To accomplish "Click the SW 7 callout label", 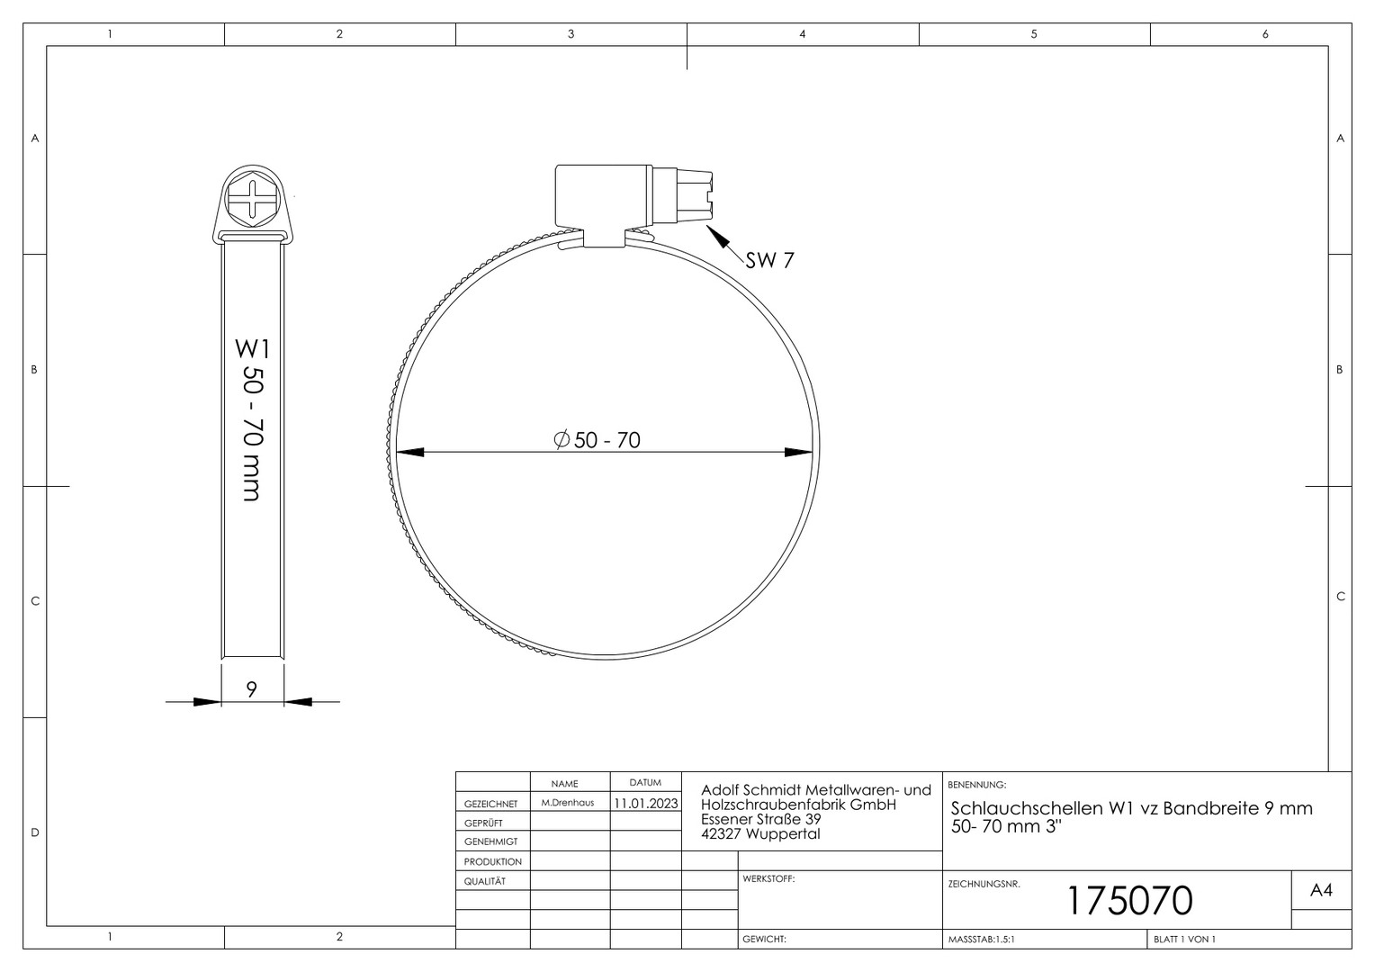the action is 769,260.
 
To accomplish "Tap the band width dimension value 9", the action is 251,689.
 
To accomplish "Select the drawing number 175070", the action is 1130,901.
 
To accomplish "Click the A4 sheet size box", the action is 1322,890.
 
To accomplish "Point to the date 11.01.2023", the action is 646,803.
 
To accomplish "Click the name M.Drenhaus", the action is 568,803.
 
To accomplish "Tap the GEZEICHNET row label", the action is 491,804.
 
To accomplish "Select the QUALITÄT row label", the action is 485,881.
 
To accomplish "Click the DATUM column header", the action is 645,783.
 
